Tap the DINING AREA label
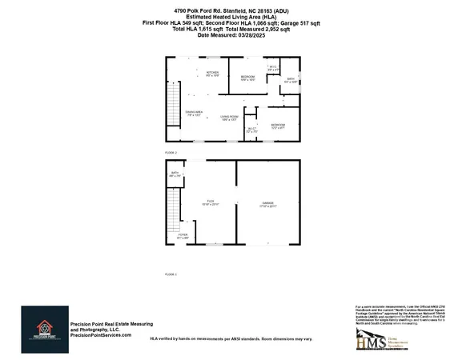pos(194,113)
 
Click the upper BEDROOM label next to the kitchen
pos(247,78)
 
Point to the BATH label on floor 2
pos(289,80)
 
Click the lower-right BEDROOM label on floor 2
pos(277,126)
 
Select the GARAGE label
pos(267,202)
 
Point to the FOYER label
pos(183,235)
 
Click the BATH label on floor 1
pos(174,174)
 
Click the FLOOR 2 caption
pos(170,152)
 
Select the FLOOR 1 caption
pos(170,274)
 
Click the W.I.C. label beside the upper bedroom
pos(273,67)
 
